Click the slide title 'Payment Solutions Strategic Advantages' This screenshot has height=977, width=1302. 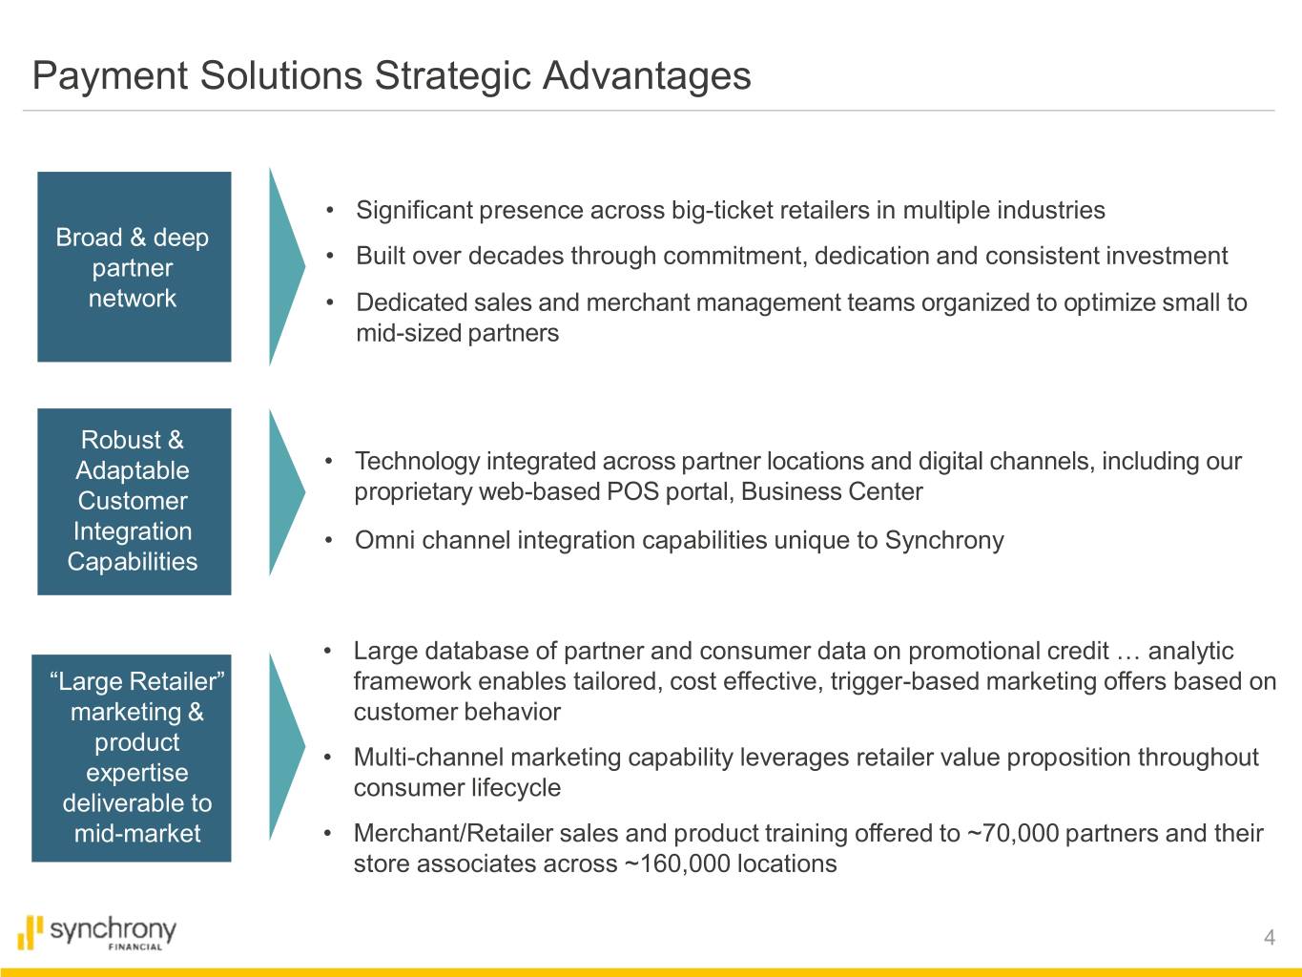point(391,76)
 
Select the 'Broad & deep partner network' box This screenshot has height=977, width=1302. point(134,266)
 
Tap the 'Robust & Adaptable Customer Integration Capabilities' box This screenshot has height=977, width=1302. point(134,501)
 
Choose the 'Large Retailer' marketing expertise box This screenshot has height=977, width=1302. point(131,758)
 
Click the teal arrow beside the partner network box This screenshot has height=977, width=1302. point(286,266)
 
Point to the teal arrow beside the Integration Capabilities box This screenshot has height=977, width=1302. point(286,491)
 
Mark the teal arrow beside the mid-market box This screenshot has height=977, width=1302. point(286,747)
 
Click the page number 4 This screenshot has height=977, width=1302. point(1270,937)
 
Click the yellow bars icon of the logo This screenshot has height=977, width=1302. point(31,932)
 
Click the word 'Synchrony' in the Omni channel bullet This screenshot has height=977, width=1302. point(944,541)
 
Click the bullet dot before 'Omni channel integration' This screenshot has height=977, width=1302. point(329,540)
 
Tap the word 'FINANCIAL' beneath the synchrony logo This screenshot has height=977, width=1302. point(135,947)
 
